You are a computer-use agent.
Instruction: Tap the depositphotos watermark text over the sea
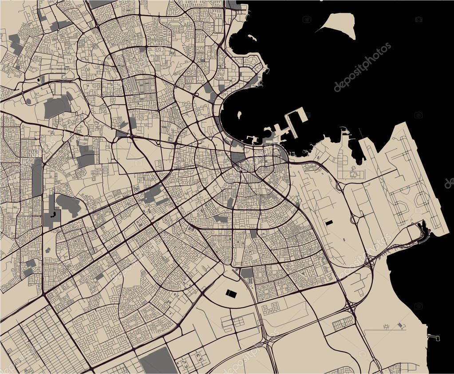tap(363, 67)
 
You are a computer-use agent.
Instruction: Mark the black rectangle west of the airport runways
tap(329, 223)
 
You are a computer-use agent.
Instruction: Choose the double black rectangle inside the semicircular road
tap(231, 293)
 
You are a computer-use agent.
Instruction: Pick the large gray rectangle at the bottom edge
tap(158, 361)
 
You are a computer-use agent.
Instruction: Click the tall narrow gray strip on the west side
tap(37, 178)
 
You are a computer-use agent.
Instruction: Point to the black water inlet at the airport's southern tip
tap(424, 229)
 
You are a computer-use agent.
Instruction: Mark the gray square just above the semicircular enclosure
tap(247, 273)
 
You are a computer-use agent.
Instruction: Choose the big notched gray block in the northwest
tap(57, 107)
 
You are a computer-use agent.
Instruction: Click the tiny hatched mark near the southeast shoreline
tap(402, 326)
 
